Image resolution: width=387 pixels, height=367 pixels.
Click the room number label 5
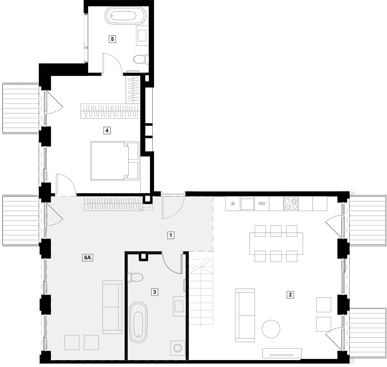(112, 39)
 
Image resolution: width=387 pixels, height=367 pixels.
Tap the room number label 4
(107, 130)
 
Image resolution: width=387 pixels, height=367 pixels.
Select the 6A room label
(88, 258)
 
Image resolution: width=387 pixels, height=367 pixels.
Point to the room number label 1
(171, 235)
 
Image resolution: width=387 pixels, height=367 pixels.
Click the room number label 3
(155, 292)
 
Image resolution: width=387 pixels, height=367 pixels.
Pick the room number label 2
(290, 295)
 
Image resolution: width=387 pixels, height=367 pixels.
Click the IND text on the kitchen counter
(262, 203)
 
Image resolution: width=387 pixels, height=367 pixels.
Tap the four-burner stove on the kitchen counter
(291, 204)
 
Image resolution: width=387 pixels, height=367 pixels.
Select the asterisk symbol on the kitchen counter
(233, 203)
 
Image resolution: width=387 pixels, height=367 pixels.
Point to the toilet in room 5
(141, 59)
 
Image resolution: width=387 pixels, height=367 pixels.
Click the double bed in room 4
(115, 161)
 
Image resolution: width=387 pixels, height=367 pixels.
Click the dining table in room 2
(276, 244)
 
